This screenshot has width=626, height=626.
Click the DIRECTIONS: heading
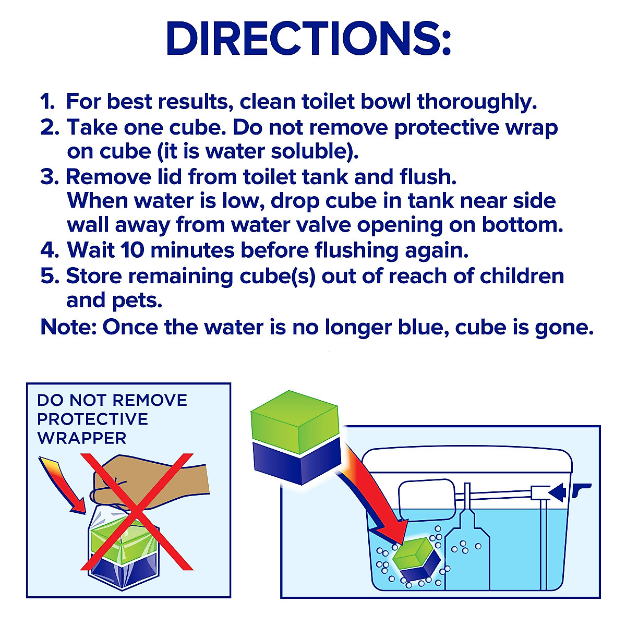pos(308,39)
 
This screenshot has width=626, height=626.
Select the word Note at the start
pos(68,328)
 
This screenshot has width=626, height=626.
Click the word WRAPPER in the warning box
pos(82,438)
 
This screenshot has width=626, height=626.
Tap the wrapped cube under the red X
pos(123,553)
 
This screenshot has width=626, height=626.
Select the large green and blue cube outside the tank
pos(295,438)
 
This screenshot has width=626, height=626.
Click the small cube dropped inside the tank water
pos(415,561)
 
